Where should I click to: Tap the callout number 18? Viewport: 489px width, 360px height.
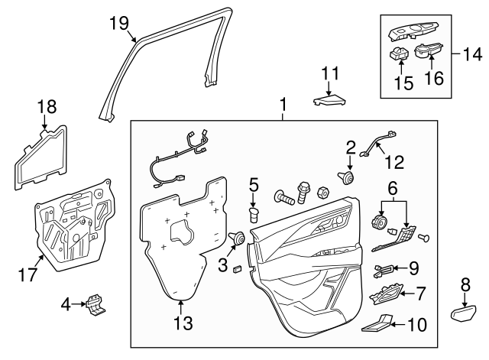click(47, 106)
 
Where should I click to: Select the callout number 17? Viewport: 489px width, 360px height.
click(28, 274)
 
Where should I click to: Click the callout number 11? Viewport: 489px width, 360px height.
click(329, 73)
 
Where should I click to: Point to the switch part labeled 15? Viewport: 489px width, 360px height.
click(399, 53)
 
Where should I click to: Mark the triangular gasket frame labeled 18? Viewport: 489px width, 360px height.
click(40, 158)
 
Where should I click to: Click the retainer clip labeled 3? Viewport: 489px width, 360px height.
click(238, 238)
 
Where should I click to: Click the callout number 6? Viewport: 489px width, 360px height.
click(393, 187)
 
